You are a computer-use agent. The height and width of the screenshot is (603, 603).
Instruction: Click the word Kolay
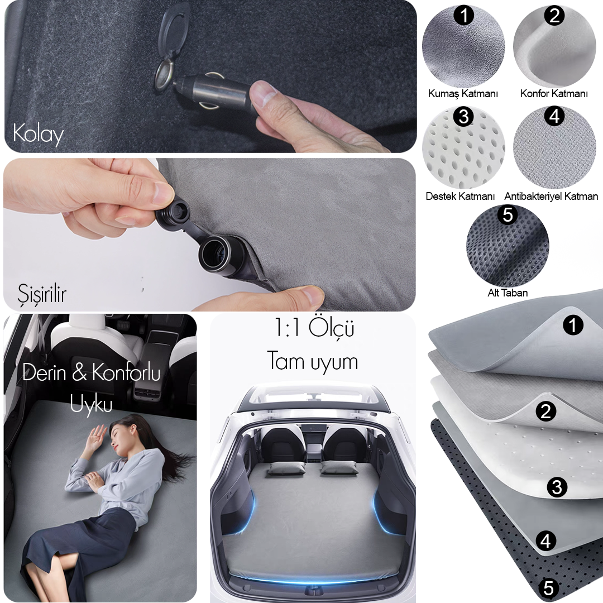point(38,134)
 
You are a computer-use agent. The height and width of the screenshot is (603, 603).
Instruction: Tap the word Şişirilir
point(42,294)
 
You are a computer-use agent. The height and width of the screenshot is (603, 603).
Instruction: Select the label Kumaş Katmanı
point(463,94)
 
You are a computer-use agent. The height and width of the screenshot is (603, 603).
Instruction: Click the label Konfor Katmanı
point(554,93)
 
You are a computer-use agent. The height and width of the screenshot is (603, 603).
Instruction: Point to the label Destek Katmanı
point(460,196)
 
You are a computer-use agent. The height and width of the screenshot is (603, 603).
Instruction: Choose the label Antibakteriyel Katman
point(551,196)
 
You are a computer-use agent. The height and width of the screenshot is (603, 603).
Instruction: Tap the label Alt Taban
point(508,293)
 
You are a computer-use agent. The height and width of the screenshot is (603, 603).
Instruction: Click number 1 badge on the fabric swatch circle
point(464,16)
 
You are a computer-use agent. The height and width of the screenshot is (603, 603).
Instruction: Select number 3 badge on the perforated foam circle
point(463,116)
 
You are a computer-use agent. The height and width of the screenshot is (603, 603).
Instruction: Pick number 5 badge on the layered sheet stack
point(549,588)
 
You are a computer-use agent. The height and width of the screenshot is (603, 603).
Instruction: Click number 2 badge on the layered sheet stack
point(545,411)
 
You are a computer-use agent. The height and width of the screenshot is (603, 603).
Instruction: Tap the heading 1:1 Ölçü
point(313,328)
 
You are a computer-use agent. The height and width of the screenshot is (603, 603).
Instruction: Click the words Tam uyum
point(312,361)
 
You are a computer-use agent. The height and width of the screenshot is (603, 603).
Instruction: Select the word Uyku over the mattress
point(91,404)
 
